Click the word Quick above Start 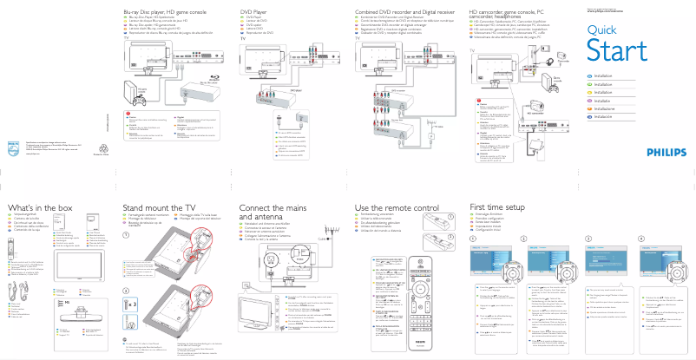(601, 31)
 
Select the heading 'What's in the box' (40, 209)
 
